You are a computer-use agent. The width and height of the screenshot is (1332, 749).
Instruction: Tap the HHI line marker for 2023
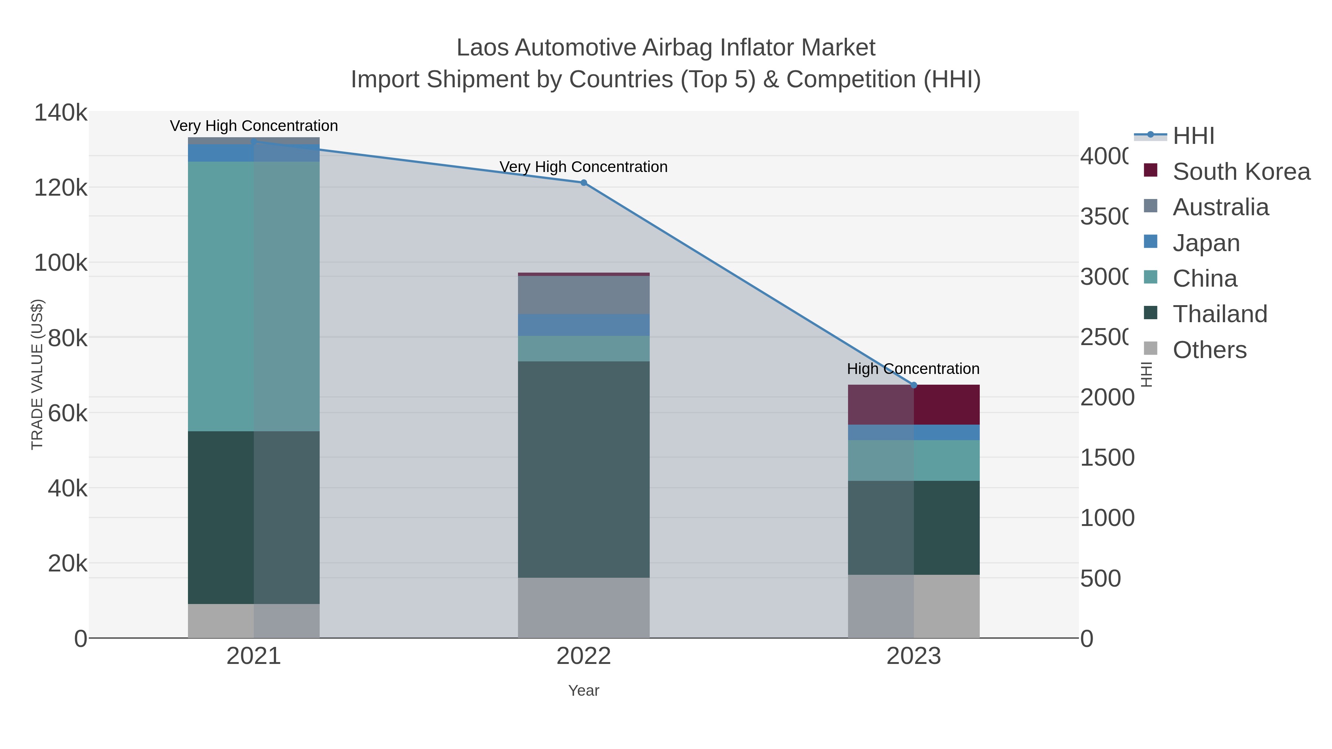(913, 385)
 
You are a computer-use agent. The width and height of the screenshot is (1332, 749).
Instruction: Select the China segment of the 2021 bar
(253, 296)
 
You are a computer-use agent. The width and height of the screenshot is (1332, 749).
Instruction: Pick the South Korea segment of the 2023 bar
(913, 405)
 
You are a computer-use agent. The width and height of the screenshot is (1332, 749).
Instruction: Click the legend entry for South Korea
(1241, 172)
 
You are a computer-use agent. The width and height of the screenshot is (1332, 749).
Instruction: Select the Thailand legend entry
(1219, 314)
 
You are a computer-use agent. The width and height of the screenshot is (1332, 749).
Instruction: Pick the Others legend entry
(1209, 350)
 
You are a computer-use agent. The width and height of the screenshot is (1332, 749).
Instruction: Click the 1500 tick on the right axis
(1107, 458)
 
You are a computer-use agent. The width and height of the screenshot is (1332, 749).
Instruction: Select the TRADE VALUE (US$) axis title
(37, 374)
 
